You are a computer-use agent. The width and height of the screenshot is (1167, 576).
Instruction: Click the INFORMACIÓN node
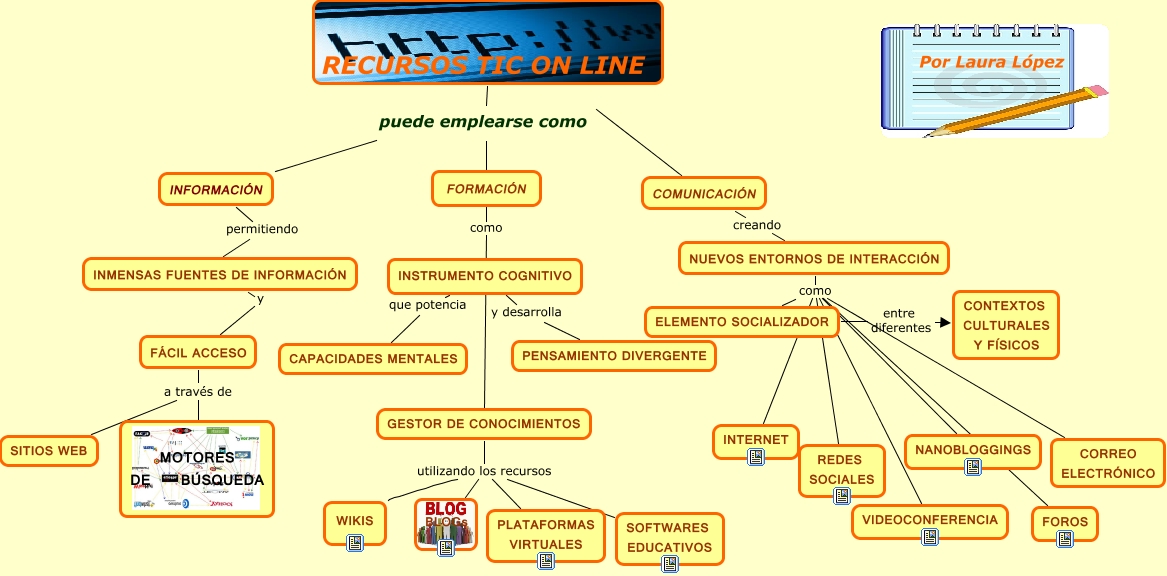pyautogui.click(x=216, y=189)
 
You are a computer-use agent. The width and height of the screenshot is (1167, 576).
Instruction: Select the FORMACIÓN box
pyautogui.click(x=486, y=188)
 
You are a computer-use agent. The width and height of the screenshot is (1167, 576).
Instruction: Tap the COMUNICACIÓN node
pyautogui.click(x=704, y=193)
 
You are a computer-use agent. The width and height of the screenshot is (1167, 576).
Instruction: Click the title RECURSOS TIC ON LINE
pyautogui.click(x=483, y=67)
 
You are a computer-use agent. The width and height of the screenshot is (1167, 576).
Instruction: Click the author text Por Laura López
pyautogui.click(x=991, y=62)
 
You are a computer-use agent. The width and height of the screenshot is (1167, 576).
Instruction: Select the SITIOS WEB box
pyautogui.click(x=49, y=451)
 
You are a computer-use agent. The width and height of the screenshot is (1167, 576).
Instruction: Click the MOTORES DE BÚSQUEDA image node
pyautogui.click(x=196, y=468)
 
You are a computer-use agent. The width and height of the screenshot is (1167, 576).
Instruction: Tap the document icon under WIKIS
pyautogui.click(x=354, y=542)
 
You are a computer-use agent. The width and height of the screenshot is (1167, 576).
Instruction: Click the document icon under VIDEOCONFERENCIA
pyautogui.click(x=930, y=537)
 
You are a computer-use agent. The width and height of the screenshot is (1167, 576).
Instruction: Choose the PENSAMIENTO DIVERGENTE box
pyautogui.click(x=614, y=355)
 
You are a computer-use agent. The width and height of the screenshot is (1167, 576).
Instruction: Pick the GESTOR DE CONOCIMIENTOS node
pyautogui.click(x=483, y=424)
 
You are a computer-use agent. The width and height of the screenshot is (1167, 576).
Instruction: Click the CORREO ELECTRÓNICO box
pyautogui.click(x=1108, y=463)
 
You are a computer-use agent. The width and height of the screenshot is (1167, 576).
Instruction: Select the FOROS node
pyautogui.click(x=1064, y=522)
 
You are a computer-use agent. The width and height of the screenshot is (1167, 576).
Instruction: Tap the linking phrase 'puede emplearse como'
pyautogui.click(x=483, y=122)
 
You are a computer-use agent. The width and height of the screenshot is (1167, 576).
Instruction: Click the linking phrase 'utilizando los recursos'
pyautogui.click(x=484, y=471)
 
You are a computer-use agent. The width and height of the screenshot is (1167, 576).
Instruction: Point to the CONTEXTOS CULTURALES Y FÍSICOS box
pyautogui.click(x=1004, y=325)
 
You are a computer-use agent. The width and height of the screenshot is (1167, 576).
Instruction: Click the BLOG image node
pyautogui.click(x=446, y=522)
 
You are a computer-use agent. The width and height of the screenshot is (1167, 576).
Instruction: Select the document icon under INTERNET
pyautogui.click(x=756, y=456)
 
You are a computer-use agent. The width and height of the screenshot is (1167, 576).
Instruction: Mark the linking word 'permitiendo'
pyautogui.click(x=262, y=229)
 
